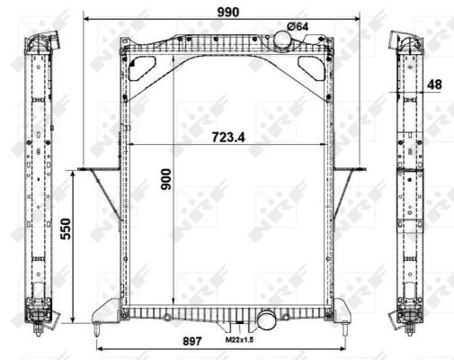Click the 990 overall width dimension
(228, 12)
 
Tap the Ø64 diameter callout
(298, 26)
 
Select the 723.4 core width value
(228, 138)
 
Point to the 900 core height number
(165, 179)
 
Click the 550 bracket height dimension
(66, 229)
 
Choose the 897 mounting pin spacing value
(191, 341)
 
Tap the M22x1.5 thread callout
(239, 339)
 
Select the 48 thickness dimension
(434, 85)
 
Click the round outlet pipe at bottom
(266, 319)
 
